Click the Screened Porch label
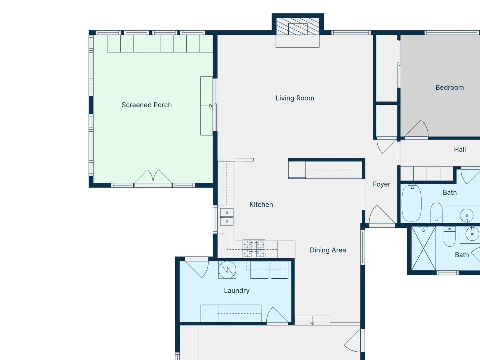146,105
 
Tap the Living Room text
295,98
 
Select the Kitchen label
261,205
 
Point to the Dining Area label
328,250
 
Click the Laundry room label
237,290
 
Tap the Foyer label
381,184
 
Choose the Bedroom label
450,87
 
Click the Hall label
460,149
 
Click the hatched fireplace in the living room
298,26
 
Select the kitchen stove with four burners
254,248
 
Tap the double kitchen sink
227,217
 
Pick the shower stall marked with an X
424,248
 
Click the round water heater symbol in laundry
227,270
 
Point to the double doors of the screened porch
153,177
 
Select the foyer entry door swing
382,214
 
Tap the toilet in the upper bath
436,213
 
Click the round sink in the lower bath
472,234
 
